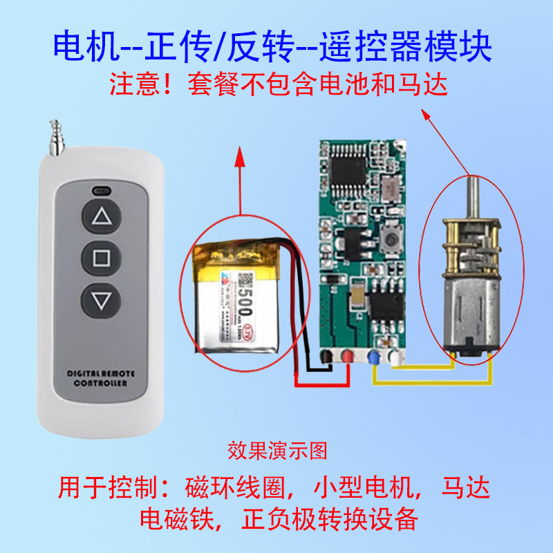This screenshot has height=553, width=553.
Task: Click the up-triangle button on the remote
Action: (102, 217)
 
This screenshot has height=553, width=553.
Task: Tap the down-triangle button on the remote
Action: (102, 301)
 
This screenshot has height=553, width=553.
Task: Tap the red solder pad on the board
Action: (348, 357)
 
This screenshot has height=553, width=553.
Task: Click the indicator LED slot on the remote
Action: (102, 189)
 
